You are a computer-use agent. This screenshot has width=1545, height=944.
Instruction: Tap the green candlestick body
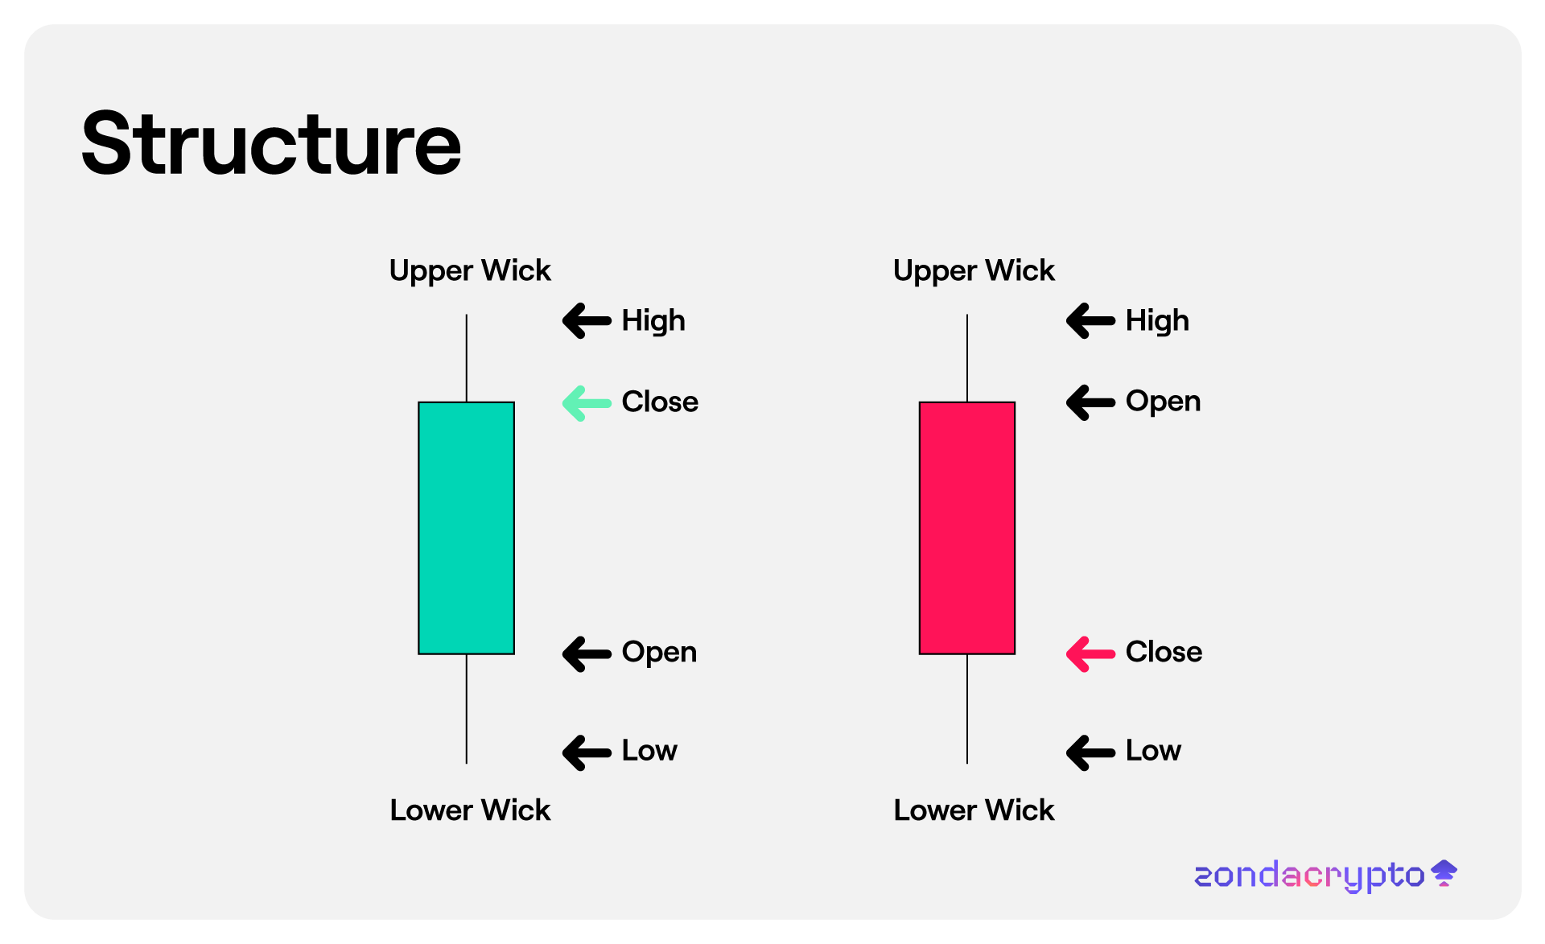[466, 528]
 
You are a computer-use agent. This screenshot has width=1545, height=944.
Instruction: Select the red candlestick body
[967, 528]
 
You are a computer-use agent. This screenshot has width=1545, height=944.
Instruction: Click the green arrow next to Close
[587, 403]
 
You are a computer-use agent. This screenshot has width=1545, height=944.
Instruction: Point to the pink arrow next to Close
[1090, 653]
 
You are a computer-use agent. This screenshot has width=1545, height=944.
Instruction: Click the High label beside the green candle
[653, 321]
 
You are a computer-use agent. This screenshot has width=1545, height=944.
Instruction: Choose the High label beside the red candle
[1157, 321]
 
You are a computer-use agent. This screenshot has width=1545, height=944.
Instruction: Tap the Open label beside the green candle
[659, 653]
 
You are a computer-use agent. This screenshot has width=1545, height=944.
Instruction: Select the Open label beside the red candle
[1163, 402]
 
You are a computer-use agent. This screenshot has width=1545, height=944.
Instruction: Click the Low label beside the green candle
[649, 751]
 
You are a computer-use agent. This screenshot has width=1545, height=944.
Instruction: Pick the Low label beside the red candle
[1153, 751]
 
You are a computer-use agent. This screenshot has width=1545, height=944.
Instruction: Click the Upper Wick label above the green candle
[470, 271]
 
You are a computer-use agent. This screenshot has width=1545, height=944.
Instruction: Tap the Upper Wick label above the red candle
[974, 271]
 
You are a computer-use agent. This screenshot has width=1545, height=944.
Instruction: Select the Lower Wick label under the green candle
[470, 810]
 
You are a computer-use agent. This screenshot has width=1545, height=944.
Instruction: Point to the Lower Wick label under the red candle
[974, 810]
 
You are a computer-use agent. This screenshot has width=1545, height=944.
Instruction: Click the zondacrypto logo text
[1309, 876]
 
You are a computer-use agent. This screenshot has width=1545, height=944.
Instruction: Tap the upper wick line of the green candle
[467, 358]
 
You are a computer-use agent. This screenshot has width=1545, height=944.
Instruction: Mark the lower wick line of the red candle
[967, 709]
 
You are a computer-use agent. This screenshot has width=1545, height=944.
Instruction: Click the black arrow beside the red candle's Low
[1090, 752]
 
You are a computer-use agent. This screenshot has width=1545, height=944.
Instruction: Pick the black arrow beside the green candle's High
[587, 321]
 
